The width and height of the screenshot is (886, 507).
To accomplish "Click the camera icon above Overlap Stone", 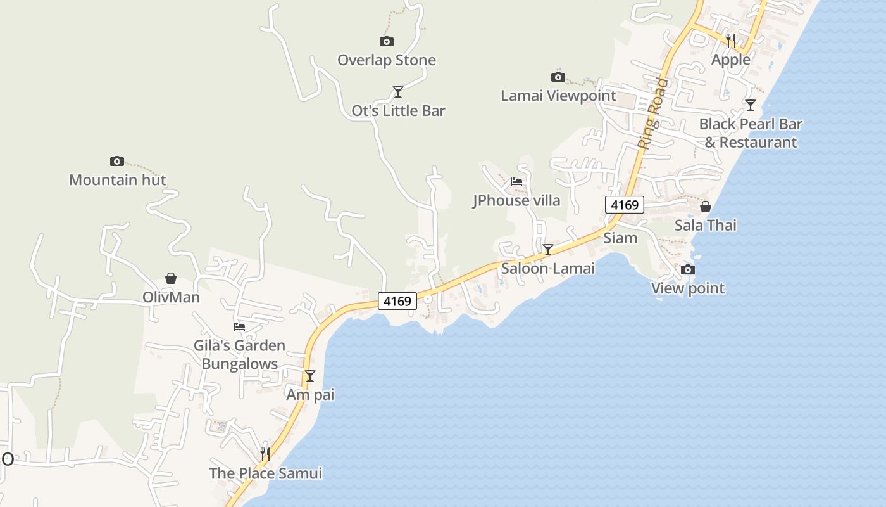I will click(386, 42).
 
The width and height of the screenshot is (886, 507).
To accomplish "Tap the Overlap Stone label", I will click(386, 60).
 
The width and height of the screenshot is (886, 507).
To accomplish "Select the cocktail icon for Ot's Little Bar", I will click(397, 93).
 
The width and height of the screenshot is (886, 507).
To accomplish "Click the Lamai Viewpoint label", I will click(558, 96).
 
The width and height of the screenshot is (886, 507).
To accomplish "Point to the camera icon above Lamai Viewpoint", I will click(558, 77).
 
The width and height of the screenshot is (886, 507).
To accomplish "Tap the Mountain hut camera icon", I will click(116, 162).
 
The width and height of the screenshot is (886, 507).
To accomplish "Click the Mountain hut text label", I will click(117, 180).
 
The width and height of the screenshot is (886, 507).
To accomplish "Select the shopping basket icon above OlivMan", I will click(171, 278).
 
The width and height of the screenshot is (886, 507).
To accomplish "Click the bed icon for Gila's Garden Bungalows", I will click(239, 327).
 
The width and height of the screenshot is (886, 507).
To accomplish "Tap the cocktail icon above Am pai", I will click(310, 376).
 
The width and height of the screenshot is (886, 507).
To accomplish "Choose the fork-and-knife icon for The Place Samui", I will click(265, 454).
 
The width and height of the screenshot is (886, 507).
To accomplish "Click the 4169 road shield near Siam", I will click(624, 205).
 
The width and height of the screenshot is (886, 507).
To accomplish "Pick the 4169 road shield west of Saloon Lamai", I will click(397, 301).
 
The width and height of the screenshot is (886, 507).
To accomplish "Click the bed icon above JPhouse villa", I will click(516, 182).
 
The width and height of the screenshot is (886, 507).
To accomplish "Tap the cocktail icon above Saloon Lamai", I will click(548, 250).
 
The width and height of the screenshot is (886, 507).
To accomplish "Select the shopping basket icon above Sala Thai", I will click(705, 207).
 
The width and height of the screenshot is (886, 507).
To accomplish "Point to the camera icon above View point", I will click(687, 270).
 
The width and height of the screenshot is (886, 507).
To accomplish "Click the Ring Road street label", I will click(652, 113).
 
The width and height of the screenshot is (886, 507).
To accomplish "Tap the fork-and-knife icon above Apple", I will click(730, 41).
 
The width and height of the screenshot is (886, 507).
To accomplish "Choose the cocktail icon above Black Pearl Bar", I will click(750, 105).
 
